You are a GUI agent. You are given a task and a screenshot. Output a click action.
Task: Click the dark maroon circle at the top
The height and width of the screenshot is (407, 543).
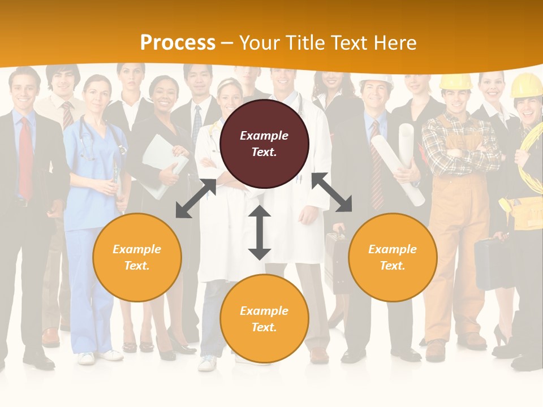pos(264,144)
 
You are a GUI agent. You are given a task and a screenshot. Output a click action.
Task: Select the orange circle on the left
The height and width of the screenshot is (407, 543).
pos(137,257)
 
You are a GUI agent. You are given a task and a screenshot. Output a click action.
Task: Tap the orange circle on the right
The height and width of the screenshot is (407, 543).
pos(393,257)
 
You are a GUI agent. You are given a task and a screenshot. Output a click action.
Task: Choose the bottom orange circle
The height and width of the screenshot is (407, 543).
pos(264,319)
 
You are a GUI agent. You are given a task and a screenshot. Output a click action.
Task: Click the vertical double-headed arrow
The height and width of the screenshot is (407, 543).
pos(260,232)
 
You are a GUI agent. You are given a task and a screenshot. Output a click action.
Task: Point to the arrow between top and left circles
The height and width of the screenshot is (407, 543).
pos(196,198)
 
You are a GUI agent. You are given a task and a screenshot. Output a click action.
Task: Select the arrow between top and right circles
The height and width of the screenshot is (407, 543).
pos(332,193)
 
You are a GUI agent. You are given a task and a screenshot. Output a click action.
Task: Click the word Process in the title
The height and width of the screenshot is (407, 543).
pos(178,43)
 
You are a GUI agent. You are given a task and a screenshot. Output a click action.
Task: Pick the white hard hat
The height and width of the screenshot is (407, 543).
pos(377,81)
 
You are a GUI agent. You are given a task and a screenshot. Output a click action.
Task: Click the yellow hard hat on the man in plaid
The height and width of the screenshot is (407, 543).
pos(455,81)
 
